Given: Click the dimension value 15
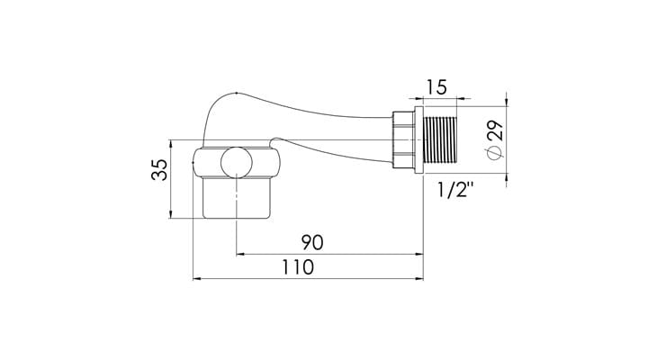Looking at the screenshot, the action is coord(436,87).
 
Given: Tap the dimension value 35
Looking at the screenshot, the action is coord(159,170).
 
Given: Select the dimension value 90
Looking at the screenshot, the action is coord(312,242).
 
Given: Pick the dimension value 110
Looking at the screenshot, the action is coord(298,267).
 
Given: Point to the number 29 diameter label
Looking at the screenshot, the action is coord(495,130).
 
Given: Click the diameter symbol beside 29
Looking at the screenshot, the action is coord(495,152).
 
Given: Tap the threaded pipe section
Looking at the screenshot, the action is coord(440,139).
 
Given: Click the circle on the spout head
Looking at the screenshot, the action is coord(237,163).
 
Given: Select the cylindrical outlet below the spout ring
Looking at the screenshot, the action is coord(236,198).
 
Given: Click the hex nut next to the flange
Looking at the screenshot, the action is coord(403,139).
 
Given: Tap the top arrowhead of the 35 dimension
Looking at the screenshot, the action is coord(171,143).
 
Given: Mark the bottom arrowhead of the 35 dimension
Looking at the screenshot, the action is coord(171,214).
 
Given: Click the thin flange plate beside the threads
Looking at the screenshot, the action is coord(418,139).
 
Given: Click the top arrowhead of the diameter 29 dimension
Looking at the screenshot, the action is coord(507,103).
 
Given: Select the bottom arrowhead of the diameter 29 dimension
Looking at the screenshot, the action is coord(507,177).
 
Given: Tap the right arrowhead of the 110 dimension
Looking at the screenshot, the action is coord(419,279).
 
